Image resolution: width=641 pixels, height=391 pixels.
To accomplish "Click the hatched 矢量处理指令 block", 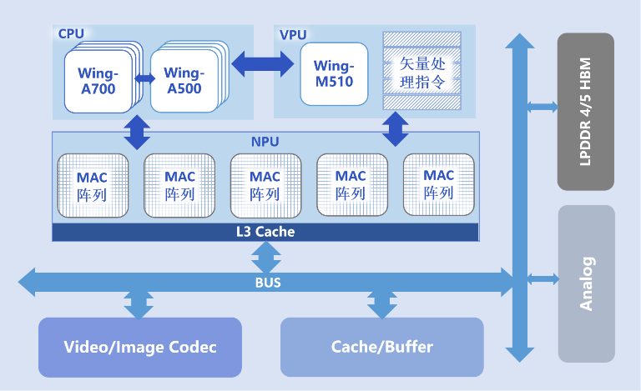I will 421,73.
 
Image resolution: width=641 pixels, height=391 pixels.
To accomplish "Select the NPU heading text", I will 265,142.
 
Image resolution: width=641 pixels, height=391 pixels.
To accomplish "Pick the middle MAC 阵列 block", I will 265,184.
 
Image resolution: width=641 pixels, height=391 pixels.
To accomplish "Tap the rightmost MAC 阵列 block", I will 438,184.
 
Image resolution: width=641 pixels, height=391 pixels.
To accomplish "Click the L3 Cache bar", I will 265,232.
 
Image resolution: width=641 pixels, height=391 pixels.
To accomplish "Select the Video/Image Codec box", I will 139,347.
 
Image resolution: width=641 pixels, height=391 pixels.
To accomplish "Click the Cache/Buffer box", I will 381,347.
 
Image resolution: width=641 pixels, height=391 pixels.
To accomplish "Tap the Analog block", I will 586,283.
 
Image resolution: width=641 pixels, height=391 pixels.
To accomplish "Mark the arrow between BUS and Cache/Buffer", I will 382,303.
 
